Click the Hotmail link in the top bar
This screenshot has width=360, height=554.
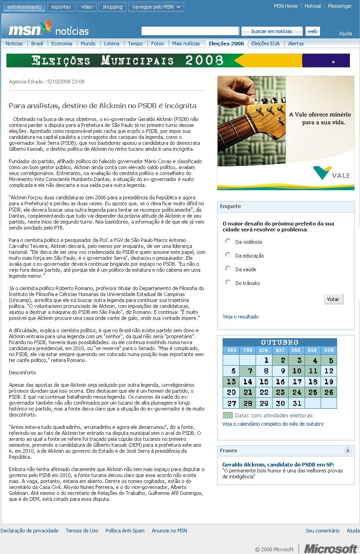pyautogui.click(x=312, y=6)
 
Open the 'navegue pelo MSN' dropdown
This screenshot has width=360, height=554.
pyautogui.click(x=156, y=7)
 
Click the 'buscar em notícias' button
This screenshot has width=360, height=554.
pyautogui.click(x=272, y=31)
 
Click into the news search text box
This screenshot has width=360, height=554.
pyautogui.click(x=190, y=31)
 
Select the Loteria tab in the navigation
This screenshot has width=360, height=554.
pyautogui.click(x=111, y=44)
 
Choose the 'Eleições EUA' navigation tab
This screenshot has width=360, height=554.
pyautogui.click(x=265, y=44)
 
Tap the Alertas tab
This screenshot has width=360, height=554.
pyautogui.click(x=296, y=44)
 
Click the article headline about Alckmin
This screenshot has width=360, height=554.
pyautogui.click(x=102, y=105)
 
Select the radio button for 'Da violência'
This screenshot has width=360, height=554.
pyautogui.click(x=228, y=241)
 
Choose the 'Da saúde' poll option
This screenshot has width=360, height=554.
pyautogui.click(x=228, y=269)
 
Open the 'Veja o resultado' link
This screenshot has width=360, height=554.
pyautogui.click(x=240, y=317)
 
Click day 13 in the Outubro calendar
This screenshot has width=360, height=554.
pyautogui.click(x=231, y=382)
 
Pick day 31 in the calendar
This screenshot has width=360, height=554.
pyautogui.click(x=297, y=403)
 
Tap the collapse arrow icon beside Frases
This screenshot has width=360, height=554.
pyautogui.click(x=348, y=451)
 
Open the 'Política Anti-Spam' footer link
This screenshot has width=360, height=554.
pyautogui.click(x=125, y=531)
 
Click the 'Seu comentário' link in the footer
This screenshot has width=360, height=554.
pyautogui.click(x=322, y=531)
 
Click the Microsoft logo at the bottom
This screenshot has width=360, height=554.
pyautogui.click(x=331, y=549)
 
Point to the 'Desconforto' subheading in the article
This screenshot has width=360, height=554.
pyautogui.click(x=22, y=373)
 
